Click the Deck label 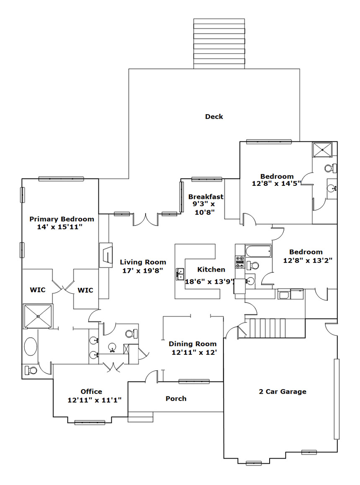[x=214, y=117]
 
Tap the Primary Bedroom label [x=62, y=219]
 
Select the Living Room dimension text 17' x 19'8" [x=143, y=271]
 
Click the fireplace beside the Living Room [x=105, y=255]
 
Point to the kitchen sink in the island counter [x=180, y=274]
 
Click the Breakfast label [x=206, y=197]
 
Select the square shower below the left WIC [x=38, y=316]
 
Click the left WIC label [x=37, y=290]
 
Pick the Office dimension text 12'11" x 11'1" [x=95, y=400]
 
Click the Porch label [x=176, y=399]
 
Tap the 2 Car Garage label [x=283, y=392]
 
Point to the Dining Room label [x=193, y=344]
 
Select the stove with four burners [x=240, y=262]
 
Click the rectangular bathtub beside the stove [x=258, y=251]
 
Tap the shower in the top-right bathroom [x=322, y=150]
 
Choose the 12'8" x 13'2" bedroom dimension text [x=308, y=260]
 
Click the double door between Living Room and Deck [x=146, y=219]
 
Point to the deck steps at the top [x=219, y=44]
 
